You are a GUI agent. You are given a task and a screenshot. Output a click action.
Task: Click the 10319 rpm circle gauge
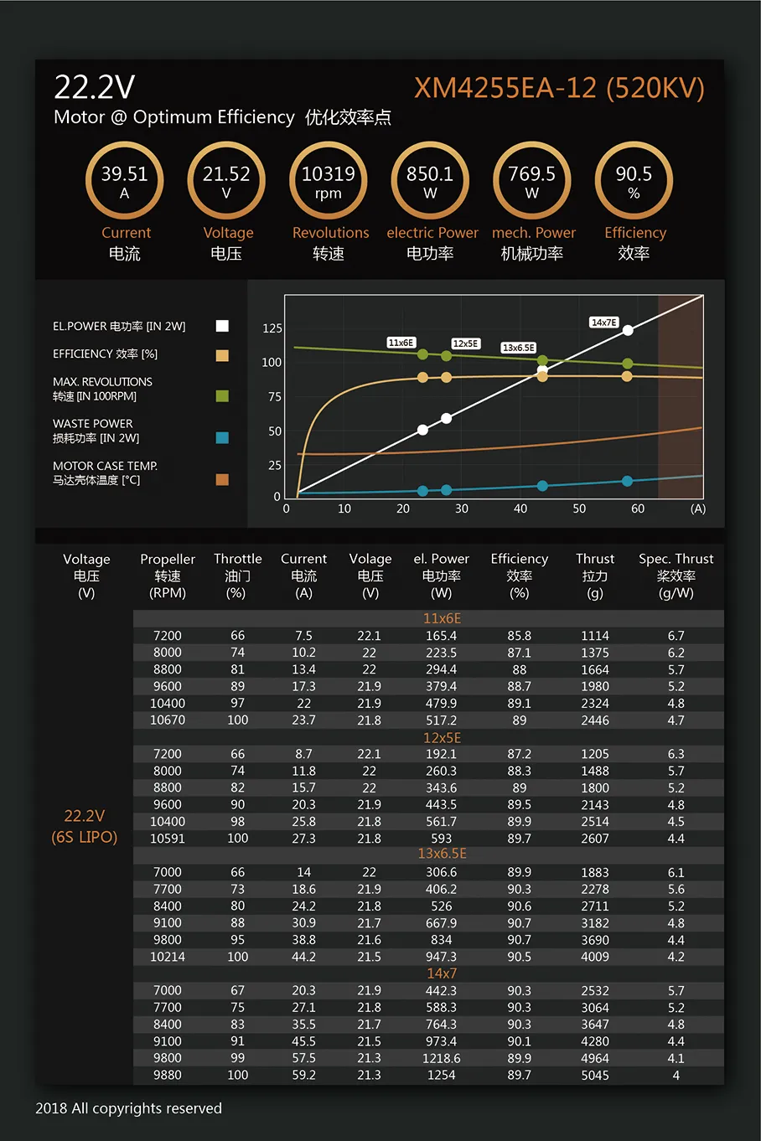[x=329, y=181]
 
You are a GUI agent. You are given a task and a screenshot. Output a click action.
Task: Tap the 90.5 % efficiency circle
[x=634, y=181]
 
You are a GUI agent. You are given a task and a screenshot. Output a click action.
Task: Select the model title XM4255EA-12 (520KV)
[x=559, y=88]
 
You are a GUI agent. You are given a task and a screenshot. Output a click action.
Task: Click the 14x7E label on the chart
[x=603, y=323]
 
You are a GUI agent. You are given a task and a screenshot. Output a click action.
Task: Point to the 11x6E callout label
[x=401, y=343]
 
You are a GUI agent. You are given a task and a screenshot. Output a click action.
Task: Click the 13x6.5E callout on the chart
[x=518, y=348]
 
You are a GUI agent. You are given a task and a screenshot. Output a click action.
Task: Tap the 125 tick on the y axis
[x=272, y=328]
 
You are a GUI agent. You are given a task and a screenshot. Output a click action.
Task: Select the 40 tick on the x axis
[x=520, y=509]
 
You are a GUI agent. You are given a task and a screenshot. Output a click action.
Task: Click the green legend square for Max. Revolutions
[x=222, y=395]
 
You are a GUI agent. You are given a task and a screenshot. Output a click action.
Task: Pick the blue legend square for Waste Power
[x=222, y=437]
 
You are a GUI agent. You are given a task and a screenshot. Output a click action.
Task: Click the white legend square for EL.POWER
[x=222, y=326]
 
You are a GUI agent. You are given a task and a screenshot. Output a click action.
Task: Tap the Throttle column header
[x=237, y=575]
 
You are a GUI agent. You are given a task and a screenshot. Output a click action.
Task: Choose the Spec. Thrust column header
[x=676, y=575]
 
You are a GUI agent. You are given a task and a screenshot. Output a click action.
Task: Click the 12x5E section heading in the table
[x=442, y=738]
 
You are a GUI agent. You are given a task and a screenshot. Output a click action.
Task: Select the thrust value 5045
[x=595, y=1075]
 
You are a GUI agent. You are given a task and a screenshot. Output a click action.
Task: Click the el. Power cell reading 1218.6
[x=441, y=1058]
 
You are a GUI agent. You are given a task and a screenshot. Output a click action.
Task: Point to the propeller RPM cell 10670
[x=168, y=720]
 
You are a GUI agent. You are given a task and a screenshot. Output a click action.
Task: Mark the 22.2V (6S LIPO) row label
[x=84, y=826]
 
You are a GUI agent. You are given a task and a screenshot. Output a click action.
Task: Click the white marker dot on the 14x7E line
[x=628, y=330]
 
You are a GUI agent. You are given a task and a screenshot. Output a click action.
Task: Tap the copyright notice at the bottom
[x=128, y=1108]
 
